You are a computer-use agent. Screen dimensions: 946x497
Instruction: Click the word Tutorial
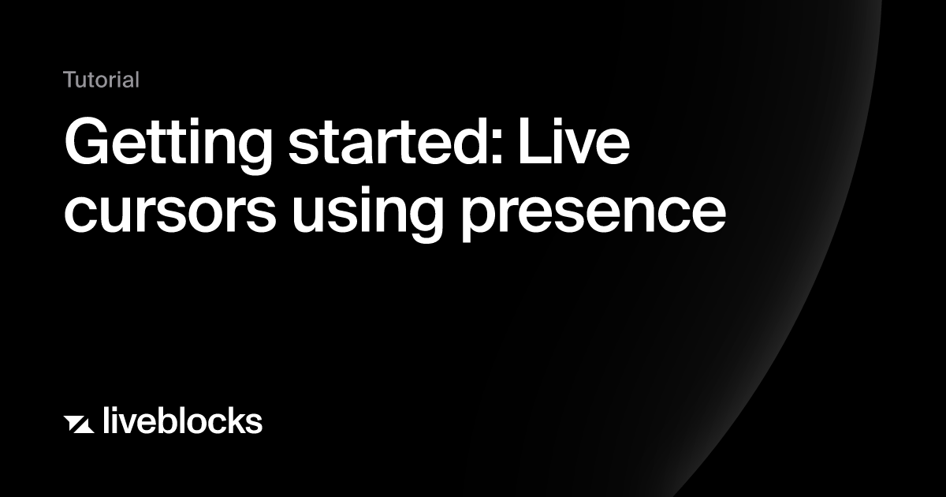(102, 80)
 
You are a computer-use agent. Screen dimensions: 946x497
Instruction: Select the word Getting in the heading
(169, 144)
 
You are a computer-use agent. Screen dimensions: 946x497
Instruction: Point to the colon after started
(497, 147)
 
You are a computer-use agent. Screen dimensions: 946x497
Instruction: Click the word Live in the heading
(575, 140)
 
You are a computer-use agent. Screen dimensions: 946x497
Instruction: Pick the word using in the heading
(367, 214)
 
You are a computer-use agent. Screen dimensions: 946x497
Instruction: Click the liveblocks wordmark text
(183, 420)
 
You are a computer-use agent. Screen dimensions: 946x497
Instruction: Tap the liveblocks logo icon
(79, 424)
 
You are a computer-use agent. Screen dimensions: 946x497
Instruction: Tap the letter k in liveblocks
(232, 420)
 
